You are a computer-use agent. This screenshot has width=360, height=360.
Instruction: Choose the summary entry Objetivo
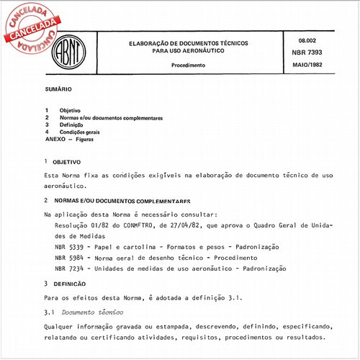click(70, 109)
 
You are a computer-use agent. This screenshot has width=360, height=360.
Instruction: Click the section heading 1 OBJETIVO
click(66, 162)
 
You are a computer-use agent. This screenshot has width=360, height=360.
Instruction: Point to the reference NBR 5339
click(69, 246)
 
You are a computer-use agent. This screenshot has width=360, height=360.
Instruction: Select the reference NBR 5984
click(69, 257)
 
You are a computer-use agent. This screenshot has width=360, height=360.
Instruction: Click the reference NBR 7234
click(69, 268)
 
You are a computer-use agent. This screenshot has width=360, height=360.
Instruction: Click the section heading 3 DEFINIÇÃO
click(68, 284)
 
